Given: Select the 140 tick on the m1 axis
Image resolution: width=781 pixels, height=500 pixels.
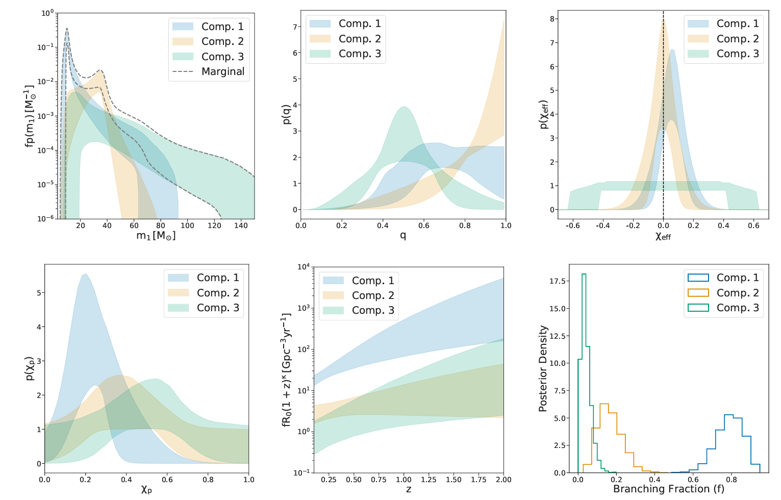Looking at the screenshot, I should (x=241, y=226).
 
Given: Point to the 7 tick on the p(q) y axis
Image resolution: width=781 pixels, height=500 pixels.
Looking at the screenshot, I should (x=294, y=27).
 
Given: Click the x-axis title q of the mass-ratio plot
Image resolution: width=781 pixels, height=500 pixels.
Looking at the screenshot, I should (x=402, y=235).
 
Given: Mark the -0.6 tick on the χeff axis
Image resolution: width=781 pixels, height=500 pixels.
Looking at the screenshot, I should (x=573, y=226).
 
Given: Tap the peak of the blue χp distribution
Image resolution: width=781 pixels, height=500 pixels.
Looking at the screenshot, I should (x=85, y=274).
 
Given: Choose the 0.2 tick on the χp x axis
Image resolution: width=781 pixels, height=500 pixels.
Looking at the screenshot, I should (x=86, y=480).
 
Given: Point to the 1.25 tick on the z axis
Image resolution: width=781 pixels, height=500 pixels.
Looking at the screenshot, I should (x=428, y=480).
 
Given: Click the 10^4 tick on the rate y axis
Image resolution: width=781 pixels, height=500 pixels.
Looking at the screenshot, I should (x=303, y=267).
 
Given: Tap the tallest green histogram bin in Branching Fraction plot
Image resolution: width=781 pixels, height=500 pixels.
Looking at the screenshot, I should (x=584, y=274).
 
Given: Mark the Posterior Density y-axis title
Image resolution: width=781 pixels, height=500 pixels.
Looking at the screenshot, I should (x=543, y=368).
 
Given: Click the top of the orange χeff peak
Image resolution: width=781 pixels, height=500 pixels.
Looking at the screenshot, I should (x=663, y=20).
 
